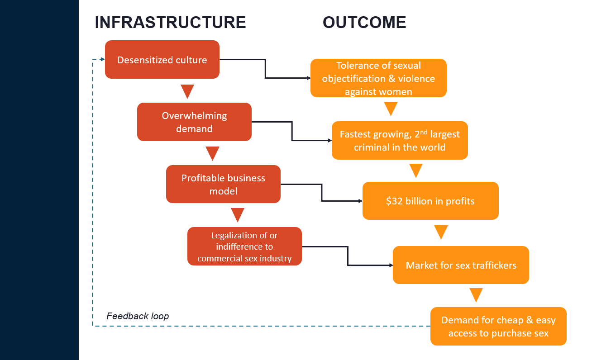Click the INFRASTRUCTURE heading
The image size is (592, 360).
tap(170, 22)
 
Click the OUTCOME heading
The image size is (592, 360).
tap(364, 22)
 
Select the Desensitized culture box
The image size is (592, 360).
tap(162, 60)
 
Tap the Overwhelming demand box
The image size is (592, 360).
tap(194, 122)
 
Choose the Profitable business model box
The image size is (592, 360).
tap(223, 184)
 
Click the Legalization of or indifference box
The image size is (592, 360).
tap(244, 246)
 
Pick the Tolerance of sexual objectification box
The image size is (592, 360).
tap(378, 78)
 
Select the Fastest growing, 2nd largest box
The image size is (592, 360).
tap(400, 141)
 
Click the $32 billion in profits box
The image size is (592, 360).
tap(430, 201)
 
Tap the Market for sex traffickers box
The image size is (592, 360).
tap(461, 265)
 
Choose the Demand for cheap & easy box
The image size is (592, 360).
tap(498, 327)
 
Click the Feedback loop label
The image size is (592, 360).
tap(138, 316)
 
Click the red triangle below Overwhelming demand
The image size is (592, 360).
tap(212, 153)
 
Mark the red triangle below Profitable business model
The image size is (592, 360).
tap(237, 215)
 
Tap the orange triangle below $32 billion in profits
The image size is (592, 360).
tap(441, 232)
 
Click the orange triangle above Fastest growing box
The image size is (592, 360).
tap(391, 109)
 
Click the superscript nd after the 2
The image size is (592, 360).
tap(427, 132)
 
